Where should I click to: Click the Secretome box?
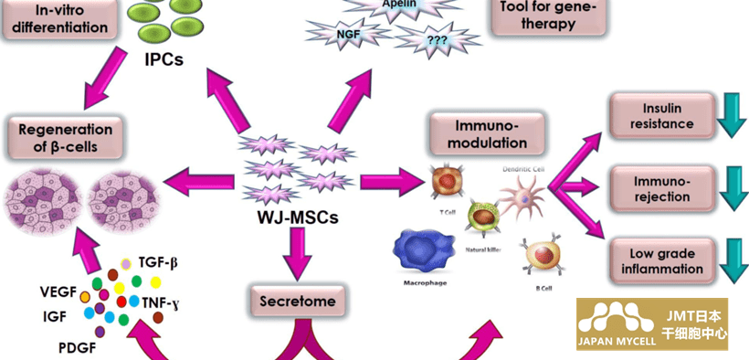(x=298, y=302)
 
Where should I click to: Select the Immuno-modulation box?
(x=487, y=134)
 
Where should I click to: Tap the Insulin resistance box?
(x=661, y=116)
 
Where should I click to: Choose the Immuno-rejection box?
(x=661, y=188)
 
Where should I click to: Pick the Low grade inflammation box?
(x=661, y=260)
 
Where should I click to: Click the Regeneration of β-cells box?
(x=66, y=138)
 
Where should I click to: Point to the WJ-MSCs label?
(x=298, y=218)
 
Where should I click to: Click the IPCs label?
(x=164, y=58)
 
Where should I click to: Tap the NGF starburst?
(x=348, y=34)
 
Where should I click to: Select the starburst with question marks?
(x=438, y=40)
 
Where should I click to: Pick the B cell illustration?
(x=543, y=257)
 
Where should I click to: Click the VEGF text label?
(x=58, y=292)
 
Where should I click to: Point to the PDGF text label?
(x=77, y=348)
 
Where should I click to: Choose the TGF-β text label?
(x=159, y=263)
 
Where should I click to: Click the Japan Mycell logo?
(x=652, y=324)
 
